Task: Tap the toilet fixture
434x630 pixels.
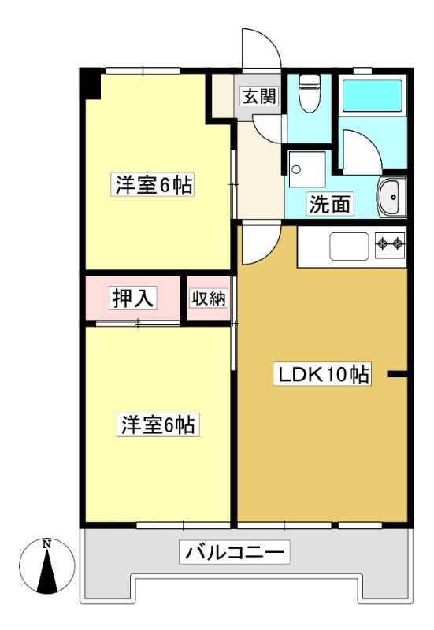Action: pyautogui.click(x=310, y=93)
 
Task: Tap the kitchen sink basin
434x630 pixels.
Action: pyautogui.click(x=349, y=246)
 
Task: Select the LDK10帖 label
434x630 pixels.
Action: pyautogui.click(x=322, y=375)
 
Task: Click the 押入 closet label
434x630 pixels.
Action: pyautogui.click(x=133, y=298)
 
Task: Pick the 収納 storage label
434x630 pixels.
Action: pyautogui.click(x=208, y=298)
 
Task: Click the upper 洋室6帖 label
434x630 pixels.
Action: pyautogui.click(x=153, y=185)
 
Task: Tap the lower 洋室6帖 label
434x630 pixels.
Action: pyautogui.click(x=158, y=425)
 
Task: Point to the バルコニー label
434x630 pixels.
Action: pyautogui.click(x=234, y=553)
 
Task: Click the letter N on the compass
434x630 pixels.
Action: pyautogui.click(x=47, y=545)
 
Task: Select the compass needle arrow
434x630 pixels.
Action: pyautogui.click(x=47, y=571)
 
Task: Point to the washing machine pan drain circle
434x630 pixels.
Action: pyautogui.click(x=297, y=169)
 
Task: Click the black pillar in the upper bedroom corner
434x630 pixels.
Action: pyautogui.click(x=90, y=84)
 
